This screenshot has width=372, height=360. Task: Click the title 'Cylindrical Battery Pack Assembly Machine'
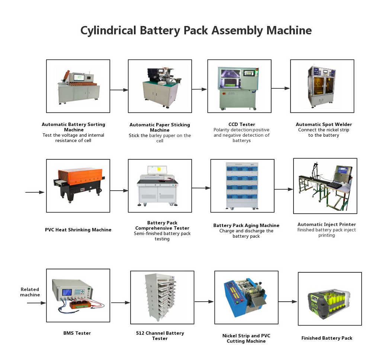pos(196,30)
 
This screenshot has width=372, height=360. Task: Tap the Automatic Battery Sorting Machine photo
pos(78,86)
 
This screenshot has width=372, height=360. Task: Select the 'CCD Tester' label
pos(242,124)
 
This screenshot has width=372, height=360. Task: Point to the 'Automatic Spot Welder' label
pos(324,124)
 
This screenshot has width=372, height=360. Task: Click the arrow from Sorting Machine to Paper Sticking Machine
pos(119,90)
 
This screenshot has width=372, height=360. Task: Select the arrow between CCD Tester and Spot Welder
pos(280,88)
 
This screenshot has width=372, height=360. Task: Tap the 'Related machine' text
pos(30,292)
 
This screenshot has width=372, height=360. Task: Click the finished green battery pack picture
pos(330,298)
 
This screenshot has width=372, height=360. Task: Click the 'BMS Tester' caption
pos(77,333)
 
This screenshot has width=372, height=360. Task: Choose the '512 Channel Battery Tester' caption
pos(160,336)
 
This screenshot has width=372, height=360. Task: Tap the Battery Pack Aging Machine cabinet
pos(242,186)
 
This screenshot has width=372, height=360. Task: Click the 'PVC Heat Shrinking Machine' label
pos(78,230)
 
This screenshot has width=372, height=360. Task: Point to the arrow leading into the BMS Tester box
pos(36,303)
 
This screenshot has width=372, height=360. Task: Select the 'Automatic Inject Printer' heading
pos(327,224)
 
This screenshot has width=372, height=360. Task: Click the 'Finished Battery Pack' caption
pos(327,338)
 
